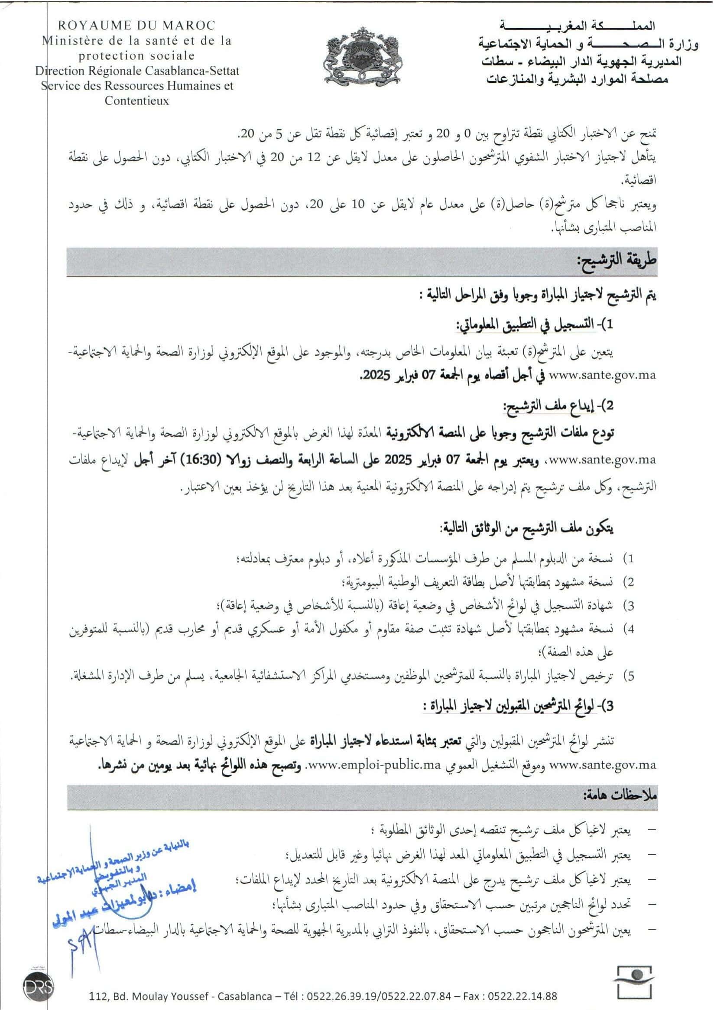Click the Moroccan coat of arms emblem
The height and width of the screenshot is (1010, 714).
click(363, 55)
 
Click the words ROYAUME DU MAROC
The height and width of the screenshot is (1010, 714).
click(137, 25)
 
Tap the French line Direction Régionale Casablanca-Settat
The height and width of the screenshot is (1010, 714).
click(137, 70)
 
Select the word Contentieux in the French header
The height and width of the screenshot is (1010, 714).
click(137, 101)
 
